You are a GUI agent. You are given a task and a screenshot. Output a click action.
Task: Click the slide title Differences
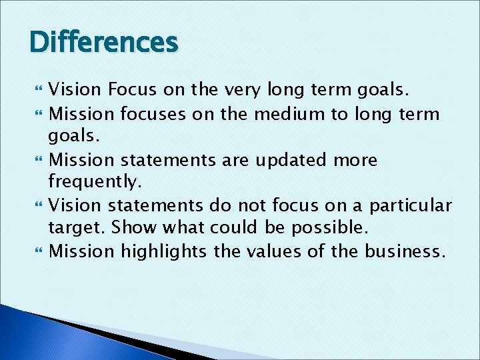pyautogui.click(x=104, y=43)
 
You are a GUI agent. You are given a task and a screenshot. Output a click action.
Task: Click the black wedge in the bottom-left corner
pyautogui.click(x=100, y=333)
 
